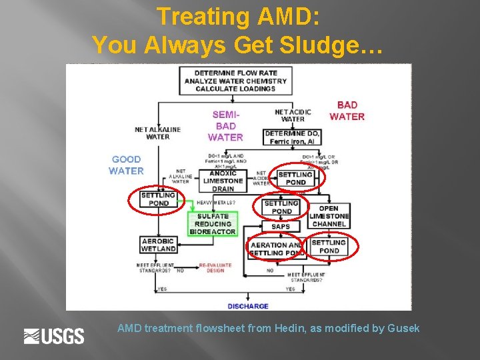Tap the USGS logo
click(x=54, y=337)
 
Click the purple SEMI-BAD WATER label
click(x=225, y=126)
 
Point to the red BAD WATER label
click(x=347, y=111)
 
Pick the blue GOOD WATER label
click(x=126, y=165)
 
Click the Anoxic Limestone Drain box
click(x=223, y=181)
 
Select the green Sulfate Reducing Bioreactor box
click(x=213, y=224)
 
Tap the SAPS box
click(x=281, y=227)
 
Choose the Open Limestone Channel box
click(x=329, y=216)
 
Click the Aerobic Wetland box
click(x=158, y=245)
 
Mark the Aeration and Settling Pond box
click(x=276, y=249)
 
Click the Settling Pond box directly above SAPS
click(x=281, y=207)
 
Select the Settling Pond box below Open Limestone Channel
click(x=329, y=247)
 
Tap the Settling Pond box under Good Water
click(x=158, y=199)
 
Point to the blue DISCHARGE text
click(x=248, y=306)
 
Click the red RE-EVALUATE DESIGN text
click(x=215, y=268)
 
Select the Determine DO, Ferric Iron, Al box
click(x=293, y=137)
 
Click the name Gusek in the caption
click(x=404, y=328)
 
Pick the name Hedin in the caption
click(x=285, y=328)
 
